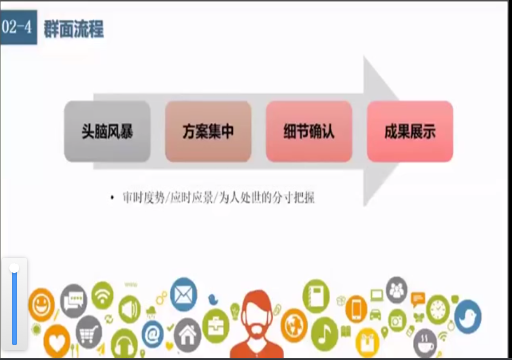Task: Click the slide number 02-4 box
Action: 18,27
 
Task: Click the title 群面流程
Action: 74,28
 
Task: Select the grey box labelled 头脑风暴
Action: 107,132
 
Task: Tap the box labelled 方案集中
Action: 208,132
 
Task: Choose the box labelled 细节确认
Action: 309,132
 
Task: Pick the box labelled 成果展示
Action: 410,132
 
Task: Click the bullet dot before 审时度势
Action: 112,198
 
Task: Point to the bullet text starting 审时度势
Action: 218,198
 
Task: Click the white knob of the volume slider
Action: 14,268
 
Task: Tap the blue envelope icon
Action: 183,295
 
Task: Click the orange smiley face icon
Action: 42,305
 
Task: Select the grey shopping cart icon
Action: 89,333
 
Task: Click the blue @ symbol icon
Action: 152,334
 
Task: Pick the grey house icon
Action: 187,335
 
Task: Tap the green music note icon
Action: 324,334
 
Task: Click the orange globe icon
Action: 294,325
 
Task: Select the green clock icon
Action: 438,310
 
